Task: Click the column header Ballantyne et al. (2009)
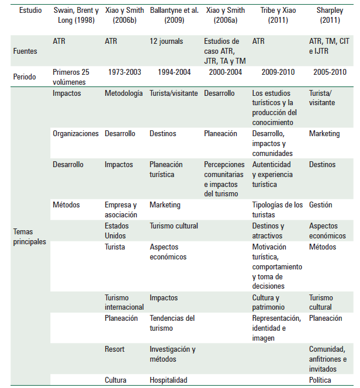(x=173, y=15)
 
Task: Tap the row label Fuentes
(x=26, y=51)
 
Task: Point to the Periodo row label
(x=26, y=77)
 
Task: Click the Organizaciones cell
(x=75, y=134)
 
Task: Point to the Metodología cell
(x=123, y=93)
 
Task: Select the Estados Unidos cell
(x=117, y=231)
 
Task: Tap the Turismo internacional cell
(x=124, y=302)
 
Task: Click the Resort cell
(x=115, y=349)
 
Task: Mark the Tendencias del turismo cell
(x=172, y=323)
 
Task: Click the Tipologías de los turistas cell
(x=278, y=209)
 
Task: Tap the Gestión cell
(x=320, y=205)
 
